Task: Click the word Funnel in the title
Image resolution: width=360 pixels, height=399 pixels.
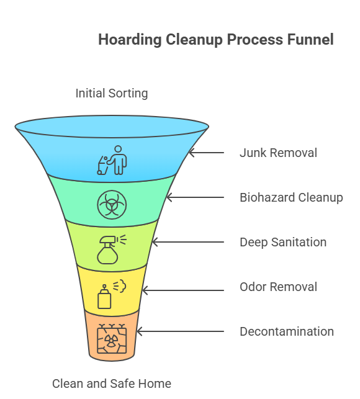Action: [310, 40]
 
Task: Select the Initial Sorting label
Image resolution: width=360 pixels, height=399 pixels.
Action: [112, 94]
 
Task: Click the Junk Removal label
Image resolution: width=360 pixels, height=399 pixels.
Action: [278, 153]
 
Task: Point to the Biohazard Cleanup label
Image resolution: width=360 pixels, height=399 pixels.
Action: [291, 198]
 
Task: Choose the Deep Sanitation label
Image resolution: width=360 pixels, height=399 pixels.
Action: [283, 242]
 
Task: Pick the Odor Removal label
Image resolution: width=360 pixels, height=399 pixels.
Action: [278, 287]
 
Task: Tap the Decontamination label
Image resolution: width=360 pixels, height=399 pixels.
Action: [287, 331]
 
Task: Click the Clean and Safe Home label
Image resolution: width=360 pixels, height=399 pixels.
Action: [112, 383]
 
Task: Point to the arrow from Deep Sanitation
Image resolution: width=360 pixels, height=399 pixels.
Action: [186, 242]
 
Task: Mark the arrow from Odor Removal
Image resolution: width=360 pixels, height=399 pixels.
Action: [182, 290]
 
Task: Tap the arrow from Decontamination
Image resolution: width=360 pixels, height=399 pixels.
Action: [179, 332]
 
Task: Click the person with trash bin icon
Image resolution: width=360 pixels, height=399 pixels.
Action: [112, 160]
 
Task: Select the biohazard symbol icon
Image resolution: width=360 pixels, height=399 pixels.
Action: [112, 205]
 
